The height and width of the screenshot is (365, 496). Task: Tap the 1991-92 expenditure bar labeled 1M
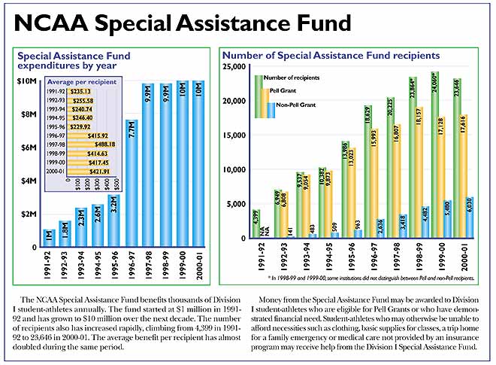(50, 238)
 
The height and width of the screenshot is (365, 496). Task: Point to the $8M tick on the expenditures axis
(27, 114)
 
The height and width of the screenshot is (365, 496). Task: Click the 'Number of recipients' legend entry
(294, 77)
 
